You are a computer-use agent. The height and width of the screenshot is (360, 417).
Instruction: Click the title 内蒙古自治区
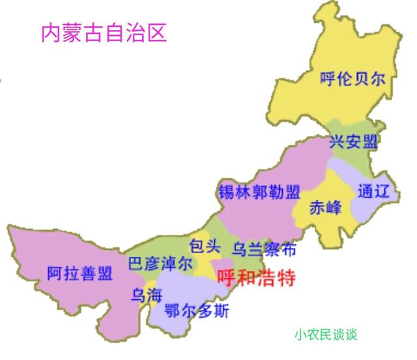pos(104,32)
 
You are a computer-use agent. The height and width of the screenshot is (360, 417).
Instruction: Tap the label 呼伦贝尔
pos(352,80)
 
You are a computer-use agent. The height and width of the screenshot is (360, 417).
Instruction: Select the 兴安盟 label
pos(353,142)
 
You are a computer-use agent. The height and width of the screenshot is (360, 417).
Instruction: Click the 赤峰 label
pos(325,209)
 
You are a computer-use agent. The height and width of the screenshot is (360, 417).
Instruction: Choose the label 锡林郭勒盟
pos(259,193)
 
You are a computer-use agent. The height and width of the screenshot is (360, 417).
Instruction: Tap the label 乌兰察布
pos(263,248)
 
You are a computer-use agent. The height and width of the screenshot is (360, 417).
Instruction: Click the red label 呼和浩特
pos(255,278)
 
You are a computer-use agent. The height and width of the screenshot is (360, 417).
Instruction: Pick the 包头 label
pos(200,245)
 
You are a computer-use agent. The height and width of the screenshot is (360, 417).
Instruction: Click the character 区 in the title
pos(157,32)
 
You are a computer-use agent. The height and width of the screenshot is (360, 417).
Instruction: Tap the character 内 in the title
pos(51,32)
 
